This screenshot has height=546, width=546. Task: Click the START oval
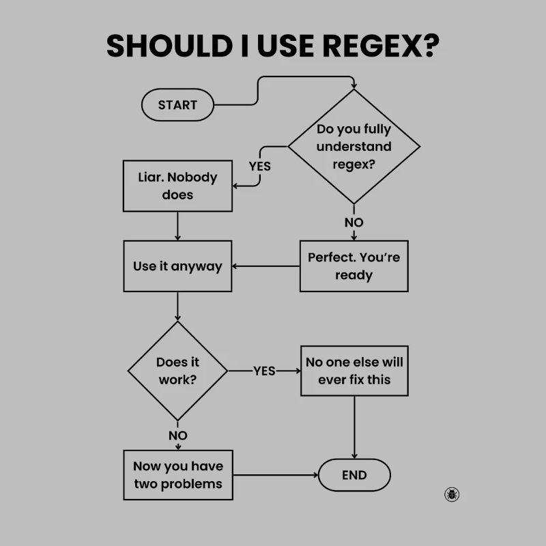(x=177, y=105)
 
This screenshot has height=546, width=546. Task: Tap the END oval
(x=354, y=476)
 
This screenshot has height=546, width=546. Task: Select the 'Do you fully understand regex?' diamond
(x=354, y=146)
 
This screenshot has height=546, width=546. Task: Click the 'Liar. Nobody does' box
(x=177, y=186)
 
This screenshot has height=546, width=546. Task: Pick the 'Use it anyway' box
(x=177, y=266)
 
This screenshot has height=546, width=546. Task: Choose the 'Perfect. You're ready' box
(x=354, y=266)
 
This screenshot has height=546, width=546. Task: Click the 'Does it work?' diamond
(x=177, y=371)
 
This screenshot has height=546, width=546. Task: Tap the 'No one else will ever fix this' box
(x=354, y=371)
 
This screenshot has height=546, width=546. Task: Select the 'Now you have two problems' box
(x=177, y=475)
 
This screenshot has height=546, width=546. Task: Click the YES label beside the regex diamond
(x=259, y=166)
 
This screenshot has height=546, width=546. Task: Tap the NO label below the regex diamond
(x=354, y=222)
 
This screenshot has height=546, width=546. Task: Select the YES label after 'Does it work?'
(x=264, y=371)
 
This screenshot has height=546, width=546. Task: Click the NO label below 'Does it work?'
(x=177, y=435)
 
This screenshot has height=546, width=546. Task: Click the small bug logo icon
(x=452, y=494)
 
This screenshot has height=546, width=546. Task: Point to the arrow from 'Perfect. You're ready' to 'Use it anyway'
(x=266, y=266)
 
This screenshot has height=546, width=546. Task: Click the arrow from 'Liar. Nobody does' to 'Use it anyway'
(x=177, y=225)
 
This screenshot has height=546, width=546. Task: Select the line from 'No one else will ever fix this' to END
(x=354, y=427)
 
